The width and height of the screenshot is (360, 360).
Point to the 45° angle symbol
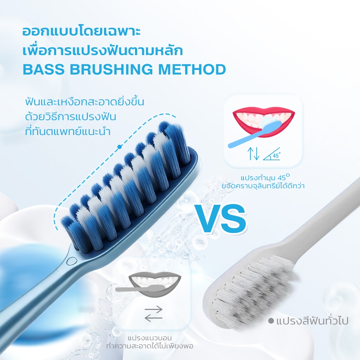pos(272,154)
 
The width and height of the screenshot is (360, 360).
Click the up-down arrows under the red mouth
pos(253,154)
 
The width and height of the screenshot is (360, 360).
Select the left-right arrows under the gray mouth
pos(153,314)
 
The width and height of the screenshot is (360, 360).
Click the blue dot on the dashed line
pos(119,147)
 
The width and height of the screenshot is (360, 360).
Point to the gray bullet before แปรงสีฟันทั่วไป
pos(271,321)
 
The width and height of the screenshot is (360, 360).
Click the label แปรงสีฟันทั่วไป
pos(312,320)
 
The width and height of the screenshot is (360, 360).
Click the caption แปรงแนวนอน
pos(150,338)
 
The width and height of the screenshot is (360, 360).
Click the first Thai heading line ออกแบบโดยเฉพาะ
pos(81,32)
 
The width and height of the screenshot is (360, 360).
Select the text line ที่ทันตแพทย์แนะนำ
pos(68,131)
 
